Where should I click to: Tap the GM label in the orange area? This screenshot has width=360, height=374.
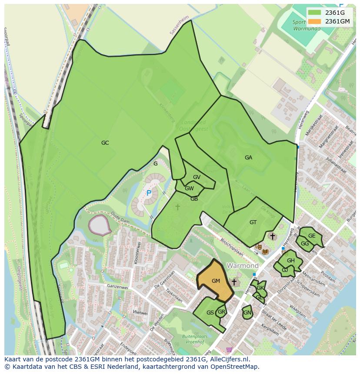(216, 281)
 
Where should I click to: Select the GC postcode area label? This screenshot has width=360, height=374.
(105, 143)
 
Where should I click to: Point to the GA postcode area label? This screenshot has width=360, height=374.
(248, 158)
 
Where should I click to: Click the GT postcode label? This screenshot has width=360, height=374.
(253, 222)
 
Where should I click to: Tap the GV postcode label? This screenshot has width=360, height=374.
(197, 177)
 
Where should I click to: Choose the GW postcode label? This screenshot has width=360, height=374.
(189, 189)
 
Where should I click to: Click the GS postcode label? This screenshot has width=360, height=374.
(210, 313)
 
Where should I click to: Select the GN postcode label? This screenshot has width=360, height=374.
(247, 313)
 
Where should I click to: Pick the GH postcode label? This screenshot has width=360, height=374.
(290, 261)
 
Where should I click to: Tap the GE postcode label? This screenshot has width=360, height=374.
(312, 236)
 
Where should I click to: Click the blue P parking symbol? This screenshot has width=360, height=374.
(149, 193)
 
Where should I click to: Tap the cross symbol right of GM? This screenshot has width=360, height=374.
(234, 282)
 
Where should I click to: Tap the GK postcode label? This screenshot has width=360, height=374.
(260, 288)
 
